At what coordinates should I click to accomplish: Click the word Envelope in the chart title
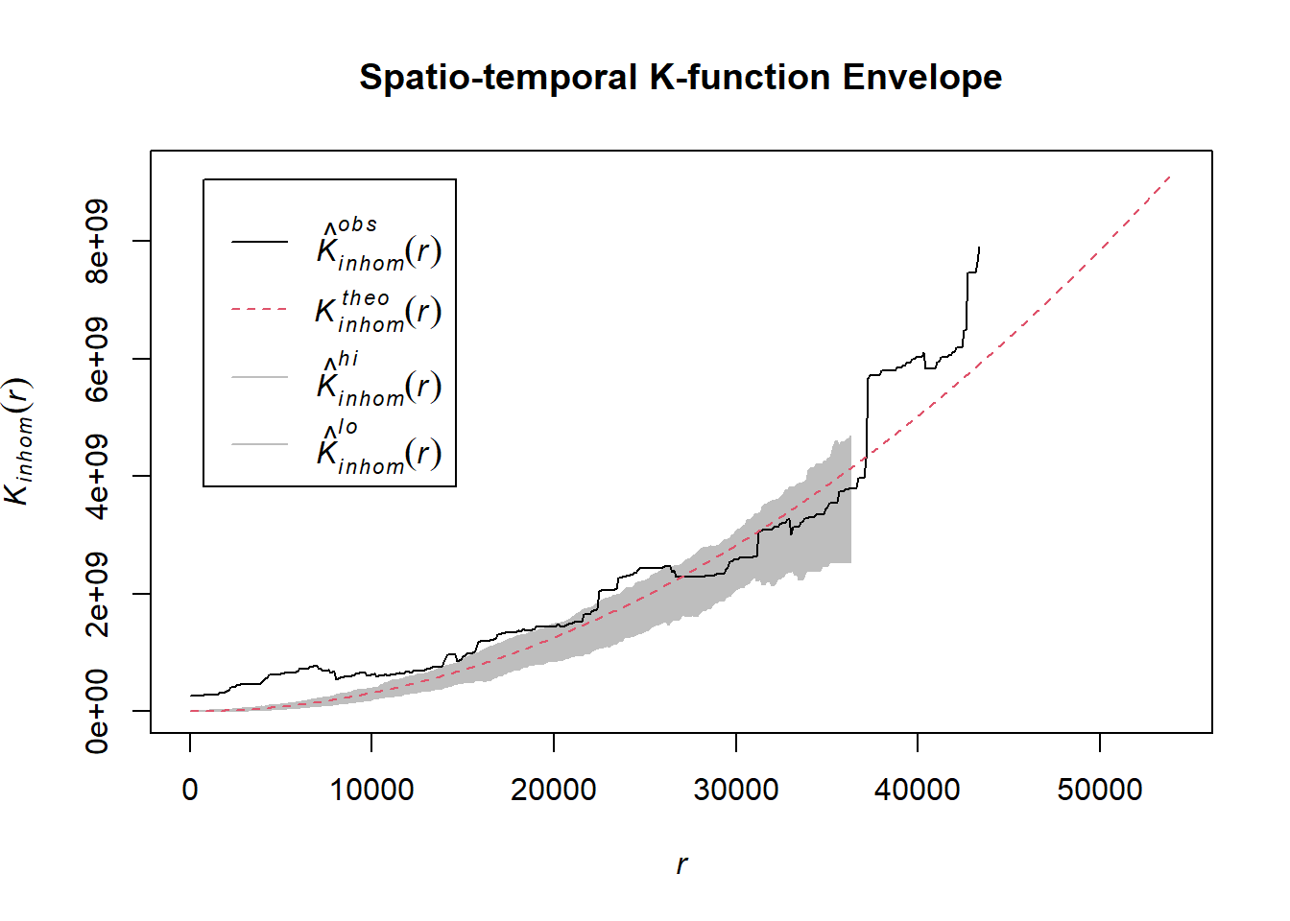pyautogui.click(x=921, y=78)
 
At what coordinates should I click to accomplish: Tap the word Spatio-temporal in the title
pyautogui.click(x=498, y=78)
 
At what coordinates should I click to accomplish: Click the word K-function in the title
pyautogui.click(x=740, y=78)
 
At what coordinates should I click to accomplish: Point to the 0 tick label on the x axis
pyautogui.click(x=190, y=790)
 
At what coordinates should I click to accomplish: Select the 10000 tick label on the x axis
pyautogui.click(x=371, y=790)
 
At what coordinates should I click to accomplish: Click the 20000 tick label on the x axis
pyautogui.click(x=554, y=790)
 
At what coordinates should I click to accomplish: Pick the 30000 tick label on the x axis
pyautogui.click(x=736, y=790)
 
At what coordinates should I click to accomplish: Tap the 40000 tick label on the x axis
pyautogui.click(x=918, y=790)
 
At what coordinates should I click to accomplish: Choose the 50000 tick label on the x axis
pyautogui.click(x=1100, y=790)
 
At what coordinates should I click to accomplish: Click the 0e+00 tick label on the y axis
pyautogui.click(x=97, y=711)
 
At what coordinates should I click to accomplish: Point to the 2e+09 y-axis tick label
pyautogui.click(x=97, y=594)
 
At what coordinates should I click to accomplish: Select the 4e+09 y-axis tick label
pyautogui.click(x=97, y=476)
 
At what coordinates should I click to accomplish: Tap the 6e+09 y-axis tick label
pyautogui.click(x=97, y=359)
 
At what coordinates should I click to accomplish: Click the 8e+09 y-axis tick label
pyautogui.click(x=97, y=241)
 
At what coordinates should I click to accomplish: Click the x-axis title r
pyautogui.click(x=681, y=864)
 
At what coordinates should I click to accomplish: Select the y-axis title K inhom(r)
pyautogui.click(x=19, y=441)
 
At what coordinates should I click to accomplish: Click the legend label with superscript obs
pyautogui.click(x=378, y=245)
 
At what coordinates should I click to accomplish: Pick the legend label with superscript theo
pyautogui.click(x=378, y=310)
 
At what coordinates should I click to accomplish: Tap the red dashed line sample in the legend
pyautogui.click(x=259, y=310)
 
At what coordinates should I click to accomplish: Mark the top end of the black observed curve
pyautogui.click(x=979, y=248)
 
